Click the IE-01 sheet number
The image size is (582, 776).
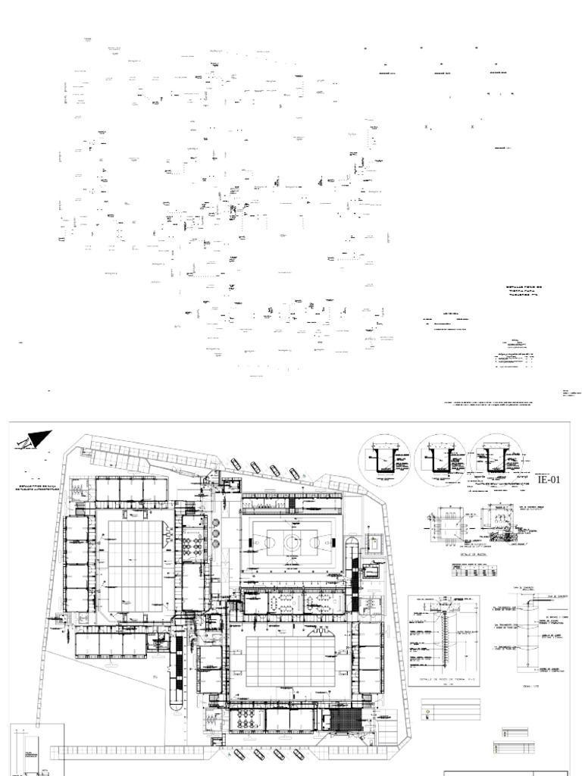coord(552,479)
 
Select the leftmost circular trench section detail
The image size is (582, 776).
coord(384,461)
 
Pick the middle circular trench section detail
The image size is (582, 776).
coord(440,461)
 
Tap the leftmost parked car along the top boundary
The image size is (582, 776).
coord(236,464)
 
